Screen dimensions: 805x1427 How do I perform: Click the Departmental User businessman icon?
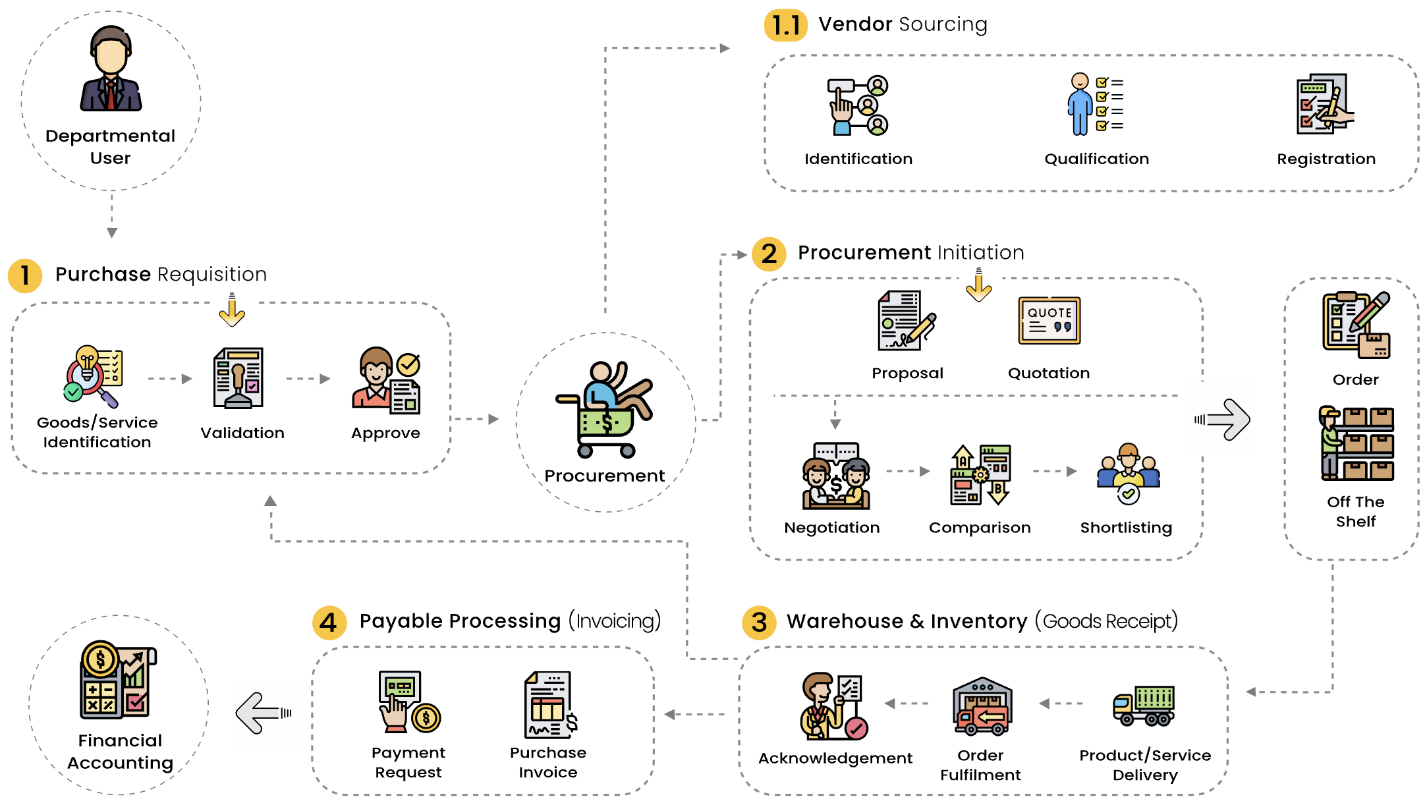coord(111,69)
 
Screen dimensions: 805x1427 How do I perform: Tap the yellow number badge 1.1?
coord(785,25)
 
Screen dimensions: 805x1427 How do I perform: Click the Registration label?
coord(1326,159)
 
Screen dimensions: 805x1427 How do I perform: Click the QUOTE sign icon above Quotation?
coord(1049,321)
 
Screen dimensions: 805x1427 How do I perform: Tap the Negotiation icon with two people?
coord(835,476)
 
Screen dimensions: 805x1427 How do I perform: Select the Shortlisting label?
coord(1126,528)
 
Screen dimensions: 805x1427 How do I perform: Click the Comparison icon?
coord(980,475)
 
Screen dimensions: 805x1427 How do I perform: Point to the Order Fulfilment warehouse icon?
coord(982,706)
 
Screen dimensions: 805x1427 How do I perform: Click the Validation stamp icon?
coord(238,379)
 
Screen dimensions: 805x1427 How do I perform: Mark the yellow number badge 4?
coord(328,623)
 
